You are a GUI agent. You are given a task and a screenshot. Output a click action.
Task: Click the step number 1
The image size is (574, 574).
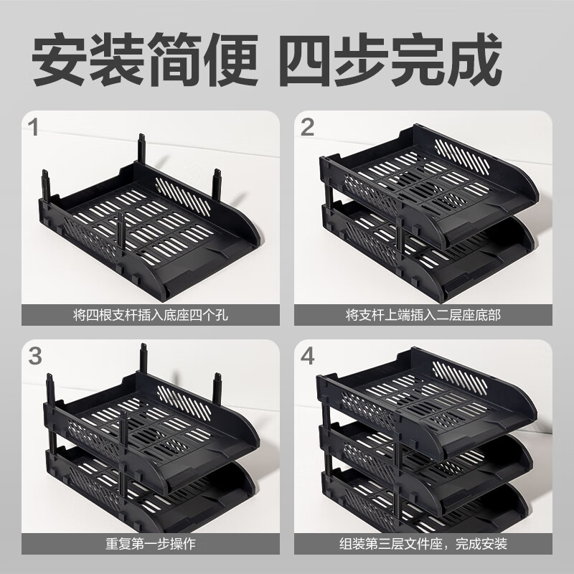tap(34, 127)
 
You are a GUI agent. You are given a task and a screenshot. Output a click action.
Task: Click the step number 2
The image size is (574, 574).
tap(307, 127)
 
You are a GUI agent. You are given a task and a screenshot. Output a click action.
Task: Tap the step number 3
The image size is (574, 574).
tap(34, 356)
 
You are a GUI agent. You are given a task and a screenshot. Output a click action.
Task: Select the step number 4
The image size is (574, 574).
tap(308, 356)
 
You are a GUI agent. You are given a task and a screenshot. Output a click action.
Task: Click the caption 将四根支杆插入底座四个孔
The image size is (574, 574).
tap(151, 315)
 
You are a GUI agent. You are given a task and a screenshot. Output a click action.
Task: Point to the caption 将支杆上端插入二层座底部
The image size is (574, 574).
tap(423, 315)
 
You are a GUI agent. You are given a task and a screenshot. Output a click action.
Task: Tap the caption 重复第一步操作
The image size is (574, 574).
tap(151, 544)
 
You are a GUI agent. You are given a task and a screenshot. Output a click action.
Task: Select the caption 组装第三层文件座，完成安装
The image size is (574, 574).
tap(423, 544)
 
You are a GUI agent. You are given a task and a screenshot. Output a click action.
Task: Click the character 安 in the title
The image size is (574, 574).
tap(60, 60)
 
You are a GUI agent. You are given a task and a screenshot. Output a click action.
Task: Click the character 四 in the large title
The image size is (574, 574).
tap(309, 60)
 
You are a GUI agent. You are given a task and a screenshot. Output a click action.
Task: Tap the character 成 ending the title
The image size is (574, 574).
tap(474, 60)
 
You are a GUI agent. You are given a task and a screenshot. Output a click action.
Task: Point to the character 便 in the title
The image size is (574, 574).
tap(231, 60)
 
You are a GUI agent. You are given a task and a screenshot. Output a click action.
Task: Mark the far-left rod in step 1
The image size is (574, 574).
tap(46, 186)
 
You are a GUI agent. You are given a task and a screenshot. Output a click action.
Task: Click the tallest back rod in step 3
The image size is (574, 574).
tap(143, 359)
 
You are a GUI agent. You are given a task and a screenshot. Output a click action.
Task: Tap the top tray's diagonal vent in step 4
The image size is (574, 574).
tap(460, 379)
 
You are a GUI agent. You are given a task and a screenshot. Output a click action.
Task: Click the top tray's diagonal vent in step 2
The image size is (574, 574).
tap(462, 156)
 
